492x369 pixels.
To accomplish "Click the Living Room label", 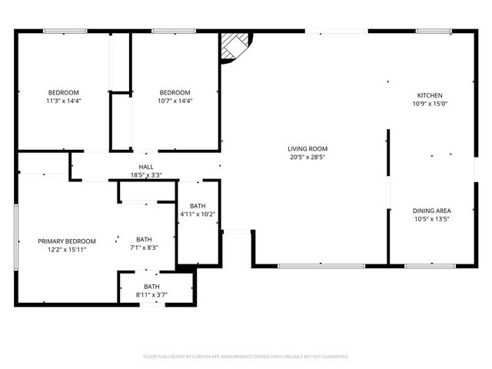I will click(307, 148).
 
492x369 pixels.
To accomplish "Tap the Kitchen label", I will click(430, 95).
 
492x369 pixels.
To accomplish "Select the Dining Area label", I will click(431, 211).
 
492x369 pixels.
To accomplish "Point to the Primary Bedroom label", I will click(67, 241).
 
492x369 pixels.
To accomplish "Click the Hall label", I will click(146, 167).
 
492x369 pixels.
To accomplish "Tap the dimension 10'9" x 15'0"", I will click(430, 104).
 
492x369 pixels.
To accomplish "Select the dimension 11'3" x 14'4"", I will click(64, 101).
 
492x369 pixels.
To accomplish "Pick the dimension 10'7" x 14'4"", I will click(175, 101).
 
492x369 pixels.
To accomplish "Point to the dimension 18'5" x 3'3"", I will click(146, 175).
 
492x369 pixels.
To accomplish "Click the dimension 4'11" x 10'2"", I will click(198, 214).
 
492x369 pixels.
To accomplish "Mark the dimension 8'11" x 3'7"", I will click(151, 294).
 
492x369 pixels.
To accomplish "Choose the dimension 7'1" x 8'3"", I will click(144, 248).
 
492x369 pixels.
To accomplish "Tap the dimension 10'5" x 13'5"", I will click(431, 219).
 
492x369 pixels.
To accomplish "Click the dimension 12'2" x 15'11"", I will click(67, 249).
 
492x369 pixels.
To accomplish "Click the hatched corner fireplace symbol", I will click(234, 46).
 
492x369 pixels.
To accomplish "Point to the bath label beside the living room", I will click(198, 206).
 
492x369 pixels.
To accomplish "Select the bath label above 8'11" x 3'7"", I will click(151, 287).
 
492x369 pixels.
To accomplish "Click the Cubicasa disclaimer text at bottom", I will click(246, 357).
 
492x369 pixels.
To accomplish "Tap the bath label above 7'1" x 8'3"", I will click(144, 239).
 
